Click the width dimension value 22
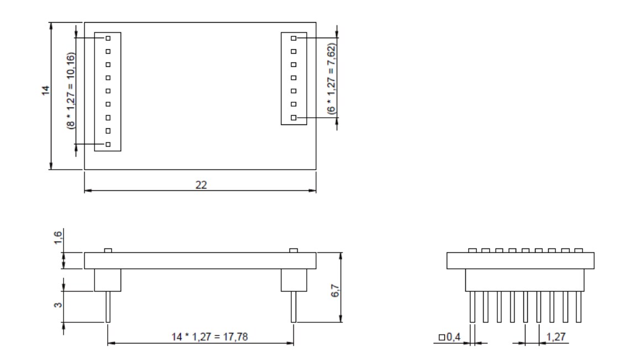pyautogui.click(x=201, y=185)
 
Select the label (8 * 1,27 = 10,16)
pyautogui.click(x=70, y=91)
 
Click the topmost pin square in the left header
pyautogui.click(x=108, y=38)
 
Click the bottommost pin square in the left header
pyautogui.click(x=108, y=144)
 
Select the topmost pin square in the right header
pyautogui.click(x=294, y=38)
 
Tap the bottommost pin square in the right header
pyautogui.click(x=294, y=118)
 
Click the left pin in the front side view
pyautogui.click(x=108, y=307)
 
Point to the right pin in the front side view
pyautogui.click(x=294, y=307)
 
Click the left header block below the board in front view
pyautogui.click(x=108, y=280)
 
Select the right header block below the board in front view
pyautogui.click(x=294, y=280)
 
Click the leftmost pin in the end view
pyautogui.click(x=473, y=307)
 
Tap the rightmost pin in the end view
pyautogui.click(x=579, y=307)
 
